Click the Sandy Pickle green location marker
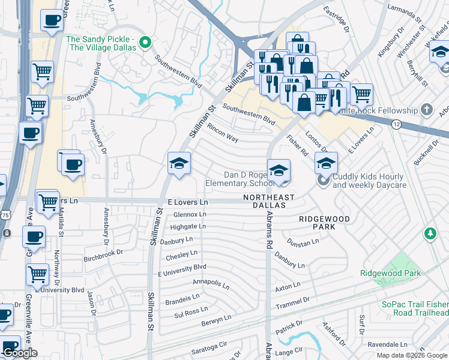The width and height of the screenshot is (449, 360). pyautogui.click(x=144, y=43)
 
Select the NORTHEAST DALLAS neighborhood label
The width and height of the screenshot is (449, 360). pyautogui.click(x=268, y=201)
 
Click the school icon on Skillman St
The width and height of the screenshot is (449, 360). pyautogui.click(x=179, y=164)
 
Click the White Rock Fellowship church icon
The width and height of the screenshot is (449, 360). pyautogui.click(x=427, y=110)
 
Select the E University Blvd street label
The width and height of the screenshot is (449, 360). pyautogui.click(x=182, y=270)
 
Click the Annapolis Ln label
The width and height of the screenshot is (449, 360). pyautogui.click(x=211, y=282)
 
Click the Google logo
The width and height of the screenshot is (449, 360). pyautogui.click(x=20, y=353)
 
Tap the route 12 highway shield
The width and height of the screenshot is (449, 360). pyautogui.click(x=396, y=124)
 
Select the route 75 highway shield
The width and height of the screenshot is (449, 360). pyautogui.click(x=5, y=215)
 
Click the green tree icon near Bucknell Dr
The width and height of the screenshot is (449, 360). pyautogui.click(x=430, y=233)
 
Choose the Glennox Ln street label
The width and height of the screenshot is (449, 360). pyautogui.click(x=189, y=214)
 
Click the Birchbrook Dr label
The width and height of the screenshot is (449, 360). pyautogui.click(x=103, y=252)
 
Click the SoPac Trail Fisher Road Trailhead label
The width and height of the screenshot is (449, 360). pyautogui.click(x=415, y=308)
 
